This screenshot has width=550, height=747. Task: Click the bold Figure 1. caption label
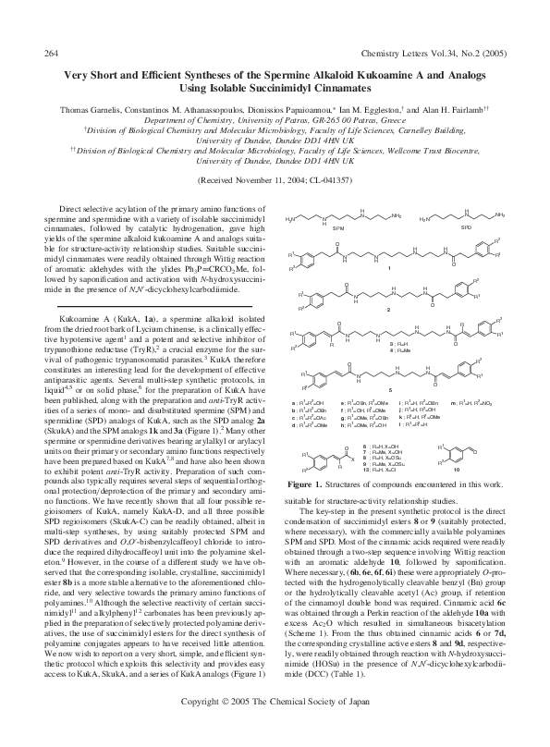coord(312,484)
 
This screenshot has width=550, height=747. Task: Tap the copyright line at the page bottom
coord(275,729)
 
